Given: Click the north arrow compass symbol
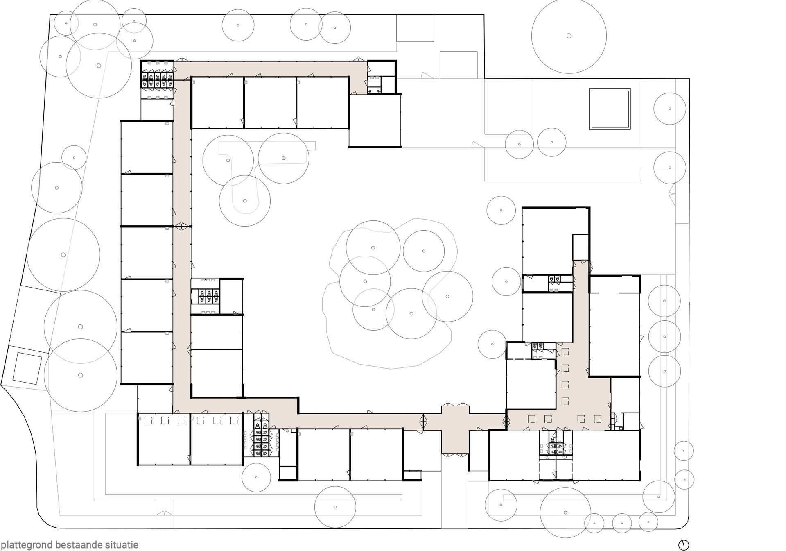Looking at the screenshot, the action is click(x=684, y=545).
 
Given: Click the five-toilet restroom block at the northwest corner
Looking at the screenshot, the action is click(x=157, y=79).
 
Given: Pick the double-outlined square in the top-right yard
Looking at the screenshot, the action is click(x=610, y=109).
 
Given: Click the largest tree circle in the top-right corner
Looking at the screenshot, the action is click(x=569, y=36).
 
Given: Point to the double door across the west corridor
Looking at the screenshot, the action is click(x=182, y=226).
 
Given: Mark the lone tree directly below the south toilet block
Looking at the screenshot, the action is click(x=256, y=478).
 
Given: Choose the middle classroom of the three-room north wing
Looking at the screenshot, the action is click(x=270, y=103).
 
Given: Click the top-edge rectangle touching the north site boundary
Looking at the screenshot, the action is click(x=415, y=28).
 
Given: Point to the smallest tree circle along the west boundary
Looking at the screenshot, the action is click(x=74, y=157).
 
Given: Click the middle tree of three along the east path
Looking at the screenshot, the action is click(x=664, y=336).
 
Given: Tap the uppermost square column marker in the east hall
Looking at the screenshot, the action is click(x=565, y=351).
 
